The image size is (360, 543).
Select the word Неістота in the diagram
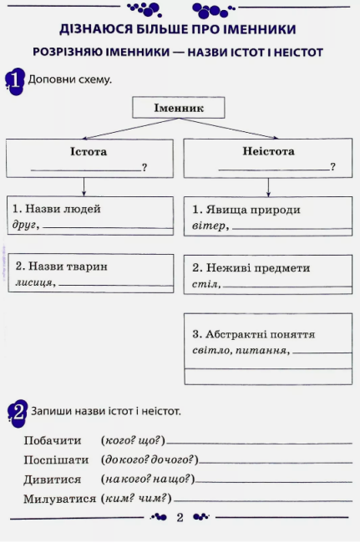[267, 152]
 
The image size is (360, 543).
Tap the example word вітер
[209, 226]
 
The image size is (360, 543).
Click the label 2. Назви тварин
[62, 266]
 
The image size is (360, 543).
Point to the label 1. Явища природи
[246, 210]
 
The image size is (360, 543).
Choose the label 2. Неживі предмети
[251, 268]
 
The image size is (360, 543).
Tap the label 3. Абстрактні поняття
[253, 333]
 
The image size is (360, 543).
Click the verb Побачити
[52, 440]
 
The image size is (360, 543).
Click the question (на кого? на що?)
[147, 480]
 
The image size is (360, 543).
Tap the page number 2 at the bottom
[180, 518]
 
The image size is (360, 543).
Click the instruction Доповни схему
[70, 80]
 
